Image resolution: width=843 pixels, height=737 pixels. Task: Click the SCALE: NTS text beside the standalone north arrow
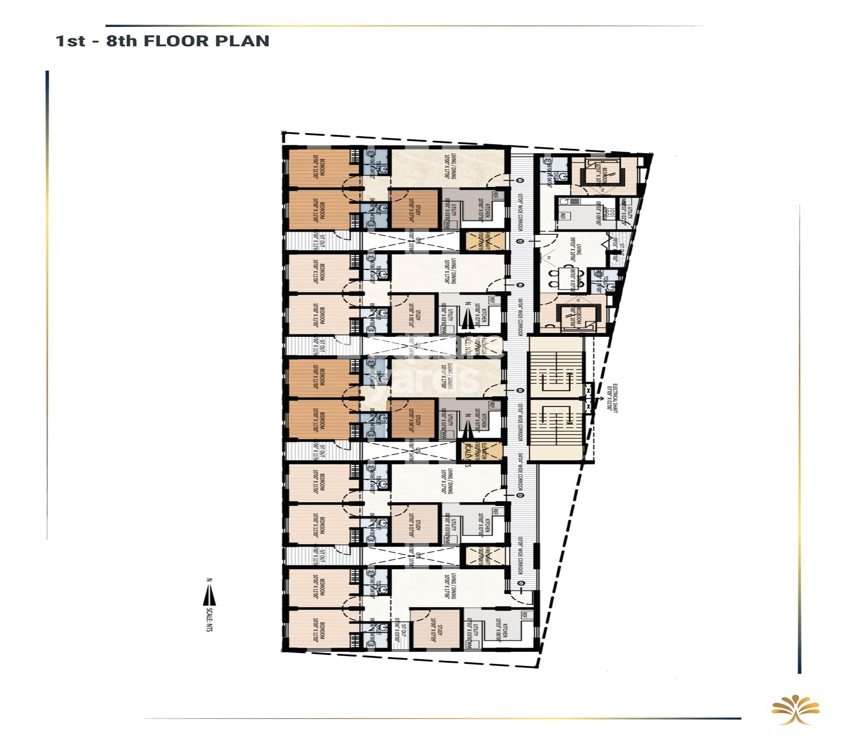pyautogui.click(x=210, y=620)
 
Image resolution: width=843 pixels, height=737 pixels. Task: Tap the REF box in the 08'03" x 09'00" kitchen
pyautogui.click(x=563, y=216)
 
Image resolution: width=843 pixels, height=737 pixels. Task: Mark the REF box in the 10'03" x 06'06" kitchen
pyautogui.click(x=525, y=615)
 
